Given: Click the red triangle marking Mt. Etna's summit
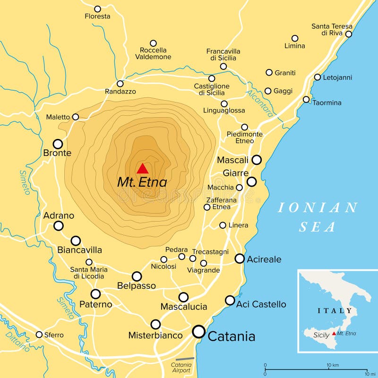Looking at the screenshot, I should (x=142, y=169).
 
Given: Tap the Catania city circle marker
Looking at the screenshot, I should (x=199, y=332).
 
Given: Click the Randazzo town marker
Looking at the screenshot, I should (x=120, y=83).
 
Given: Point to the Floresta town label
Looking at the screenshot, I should (x=97, y=16).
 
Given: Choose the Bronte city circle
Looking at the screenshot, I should (x=58, y=144).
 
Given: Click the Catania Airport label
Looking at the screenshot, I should (x=181, y=368).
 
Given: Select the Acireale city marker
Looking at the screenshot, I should (x=240, y=258).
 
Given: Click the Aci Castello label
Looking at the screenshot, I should (x=261, y=304).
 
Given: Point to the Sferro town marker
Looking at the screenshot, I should (x=39, y=335).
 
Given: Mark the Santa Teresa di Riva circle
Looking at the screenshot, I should (x=349, y=34).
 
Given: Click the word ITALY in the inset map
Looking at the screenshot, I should (x=335, y=310).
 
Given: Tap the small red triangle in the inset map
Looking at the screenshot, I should (x=335, y=334).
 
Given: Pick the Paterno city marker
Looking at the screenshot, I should (x=95, y=294).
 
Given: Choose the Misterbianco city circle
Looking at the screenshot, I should (x=155, y=324).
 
